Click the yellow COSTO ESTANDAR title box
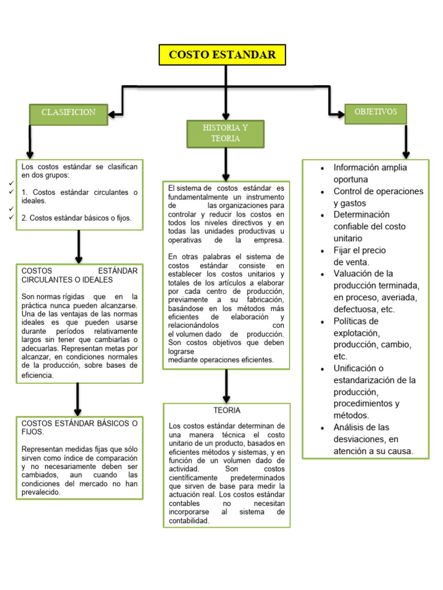[221, 55]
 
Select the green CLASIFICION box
[69, 113]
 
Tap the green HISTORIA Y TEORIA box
[226, 134]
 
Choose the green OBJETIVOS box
[376, 112]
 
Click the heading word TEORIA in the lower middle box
[227, 411]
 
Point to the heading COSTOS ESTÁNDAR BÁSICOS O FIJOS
[80, 427]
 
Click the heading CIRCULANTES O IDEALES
[67, 280]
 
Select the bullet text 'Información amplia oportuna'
[370, 173]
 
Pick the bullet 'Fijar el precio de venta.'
[360, 256]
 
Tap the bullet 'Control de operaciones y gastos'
[378, 197]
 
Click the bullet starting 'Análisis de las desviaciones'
[373, 439]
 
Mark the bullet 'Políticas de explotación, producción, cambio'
[373, 338]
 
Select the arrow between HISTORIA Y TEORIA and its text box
[226, 165]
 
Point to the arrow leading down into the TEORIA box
[226, 385]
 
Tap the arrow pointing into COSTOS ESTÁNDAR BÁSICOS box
[77, 399]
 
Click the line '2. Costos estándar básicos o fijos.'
[77, 218]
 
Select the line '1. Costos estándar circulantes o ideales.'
[80, 196]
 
